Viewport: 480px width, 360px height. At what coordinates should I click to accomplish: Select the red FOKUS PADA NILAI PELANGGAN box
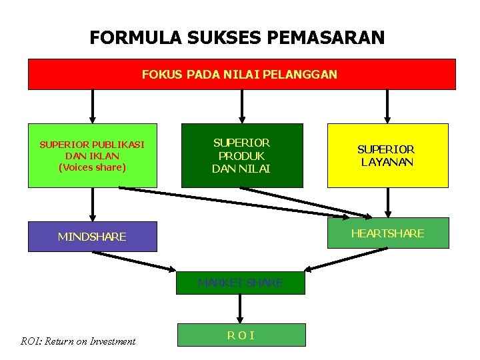coord(241,74)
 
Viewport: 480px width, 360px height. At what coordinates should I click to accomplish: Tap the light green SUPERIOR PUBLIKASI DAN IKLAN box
coord(92,155)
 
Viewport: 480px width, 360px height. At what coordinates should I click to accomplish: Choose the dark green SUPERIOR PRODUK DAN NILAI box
coord(241,155)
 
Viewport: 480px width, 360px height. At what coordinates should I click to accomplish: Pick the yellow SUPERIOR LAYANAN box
coord(387,155)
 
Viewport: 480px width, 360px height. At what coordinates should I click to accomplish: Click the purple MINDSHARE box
coord(92,237)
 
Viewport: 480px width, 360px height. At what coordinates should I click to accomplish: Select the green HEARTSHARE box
coord(387,233)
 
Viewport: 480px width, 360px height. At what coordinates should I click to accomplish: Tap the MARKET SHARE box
coord(240,283)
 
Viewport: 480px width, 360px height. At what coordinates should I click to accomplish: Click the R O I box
coord(240,335)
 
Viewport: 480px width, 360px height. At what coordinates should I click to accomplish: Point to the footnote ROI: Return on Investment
coord(78,341)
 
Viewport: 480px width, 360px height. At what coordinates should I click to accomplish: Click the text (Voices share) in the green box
coord(92,167)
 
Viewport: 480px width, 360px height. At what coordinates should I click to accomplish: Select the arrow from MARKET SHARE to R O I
coord(240,309)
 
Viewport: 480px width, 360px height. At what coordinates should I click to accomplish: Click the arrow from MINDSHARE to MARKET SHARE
coord(133,260)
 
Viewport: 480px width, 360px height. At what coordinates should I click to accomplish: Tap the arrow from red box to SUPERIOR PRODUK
coord(241,107)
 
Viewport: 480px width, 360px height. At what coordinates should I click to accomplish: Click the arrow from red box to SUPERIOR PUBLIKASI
coord(93,107)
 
